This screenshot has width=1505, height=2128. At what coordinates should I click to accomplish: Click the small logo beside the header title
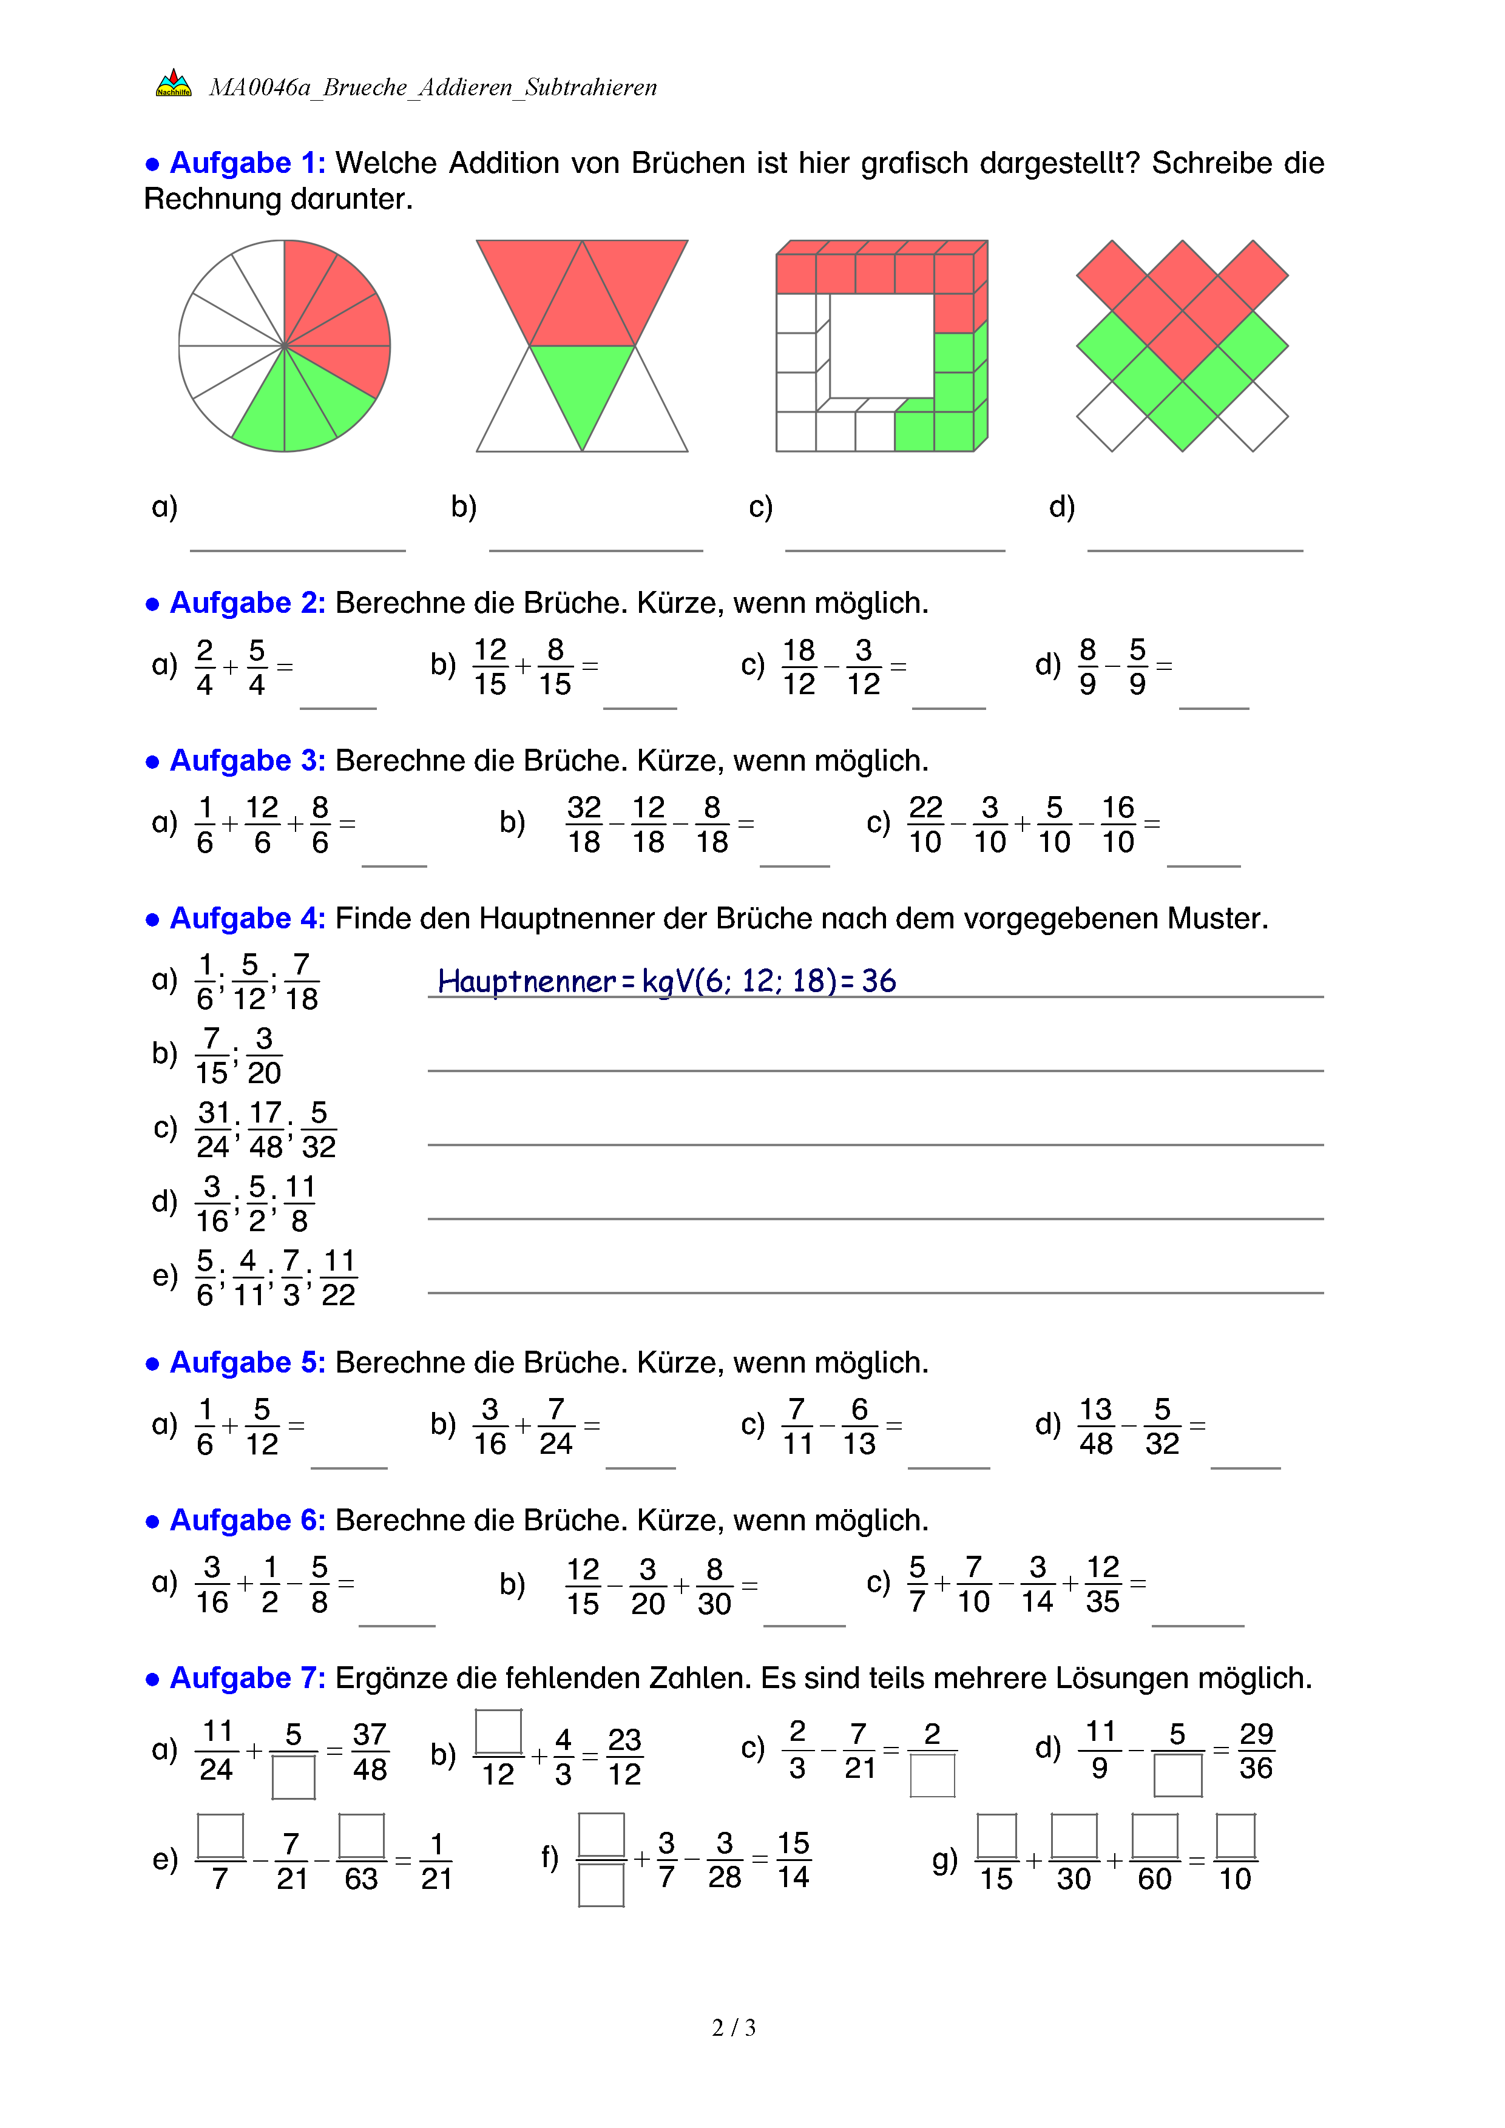pos(174,83)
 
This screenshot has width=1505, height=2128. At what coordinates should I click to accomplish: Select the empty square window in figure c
pos(881,346)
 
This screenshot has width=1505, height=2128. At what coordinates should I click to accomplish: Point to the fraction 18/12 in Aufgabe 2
pos(798,666)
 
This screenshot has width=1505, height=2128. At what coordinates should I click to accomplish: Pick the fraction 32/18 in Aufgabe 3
pos(584,824)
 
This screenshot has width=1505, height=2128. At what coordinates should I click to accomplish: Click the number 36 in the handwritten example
pos(879,981)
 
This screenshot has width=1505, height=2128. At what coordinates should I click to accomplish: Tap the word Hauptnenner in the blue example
pos(526,981)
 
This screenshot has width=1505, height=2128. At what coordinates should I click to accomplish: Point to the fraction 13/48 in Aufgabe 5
pos(1095,1425)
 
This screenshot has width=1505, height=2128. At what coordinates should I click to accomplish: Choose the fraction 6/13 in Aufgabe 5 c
pos(859,1425)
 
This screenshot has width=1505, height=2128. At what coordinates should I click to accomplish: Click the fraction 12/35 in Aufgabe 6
pos(1103,1584)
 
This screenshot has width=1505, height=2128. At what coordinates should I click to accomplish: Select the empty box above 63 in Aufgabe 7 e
pos(362,1835)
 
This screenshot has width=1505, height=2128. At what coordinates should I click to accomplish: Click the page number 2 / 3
pos(733,2028)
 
